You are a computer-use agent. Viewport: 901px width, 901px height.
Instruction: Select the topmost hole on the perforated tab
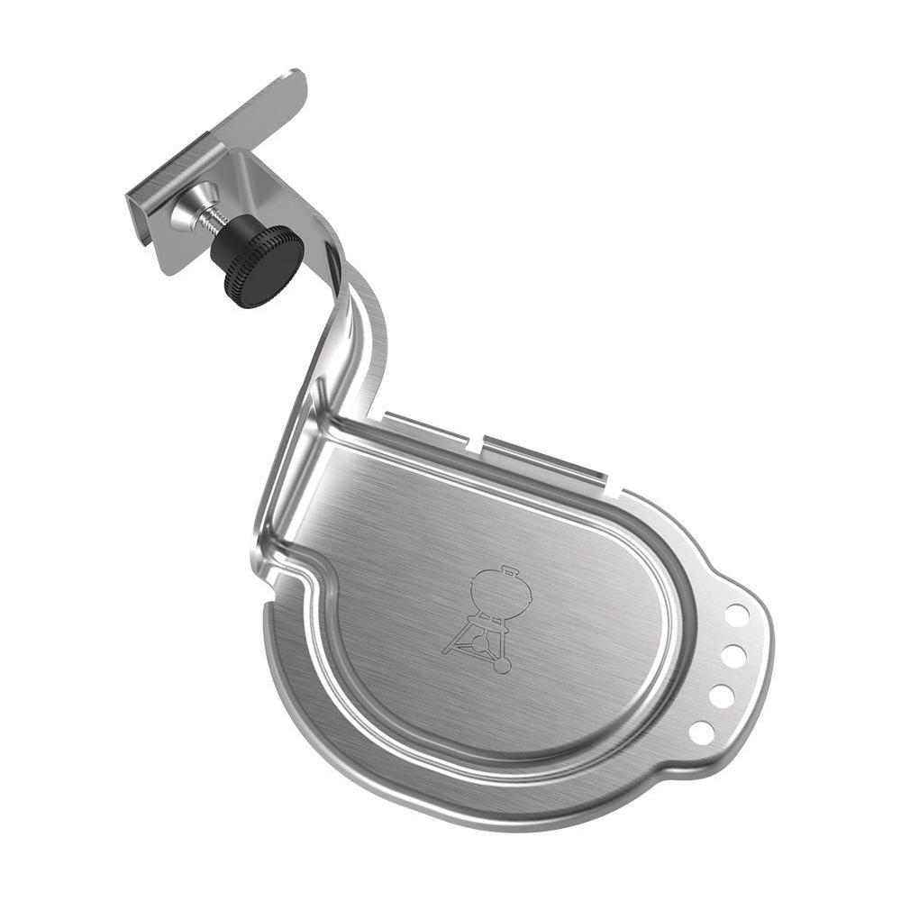coord(737,614)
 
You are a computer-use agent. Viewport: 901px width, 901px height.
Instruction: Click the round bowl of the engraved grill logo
coord(502,595)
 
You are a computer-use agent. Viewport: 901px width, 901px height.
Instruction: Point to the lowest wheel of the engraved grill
coord(502,666)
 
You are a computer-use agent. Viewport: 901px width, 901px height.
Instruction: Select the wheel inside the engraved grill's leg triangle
coord(480,642)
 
